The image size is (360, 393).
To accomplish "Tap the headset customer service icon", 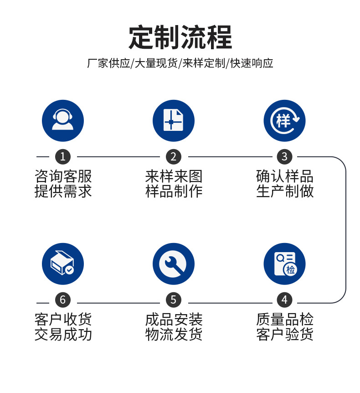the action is (63, 121).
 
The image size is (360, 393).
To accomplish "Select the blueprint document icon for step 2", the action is (174, 121).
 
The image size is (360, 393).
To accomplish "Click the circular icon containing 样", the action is (285, 121).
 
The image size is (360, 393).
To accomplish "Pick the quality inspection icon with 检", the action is (285, 264).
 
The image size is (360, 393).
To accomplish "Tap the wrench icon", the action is (174, 264).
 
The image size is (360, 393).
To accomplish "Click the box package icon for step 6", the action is (63, 264).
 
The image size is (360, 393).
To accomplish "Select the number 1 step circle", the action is (63, 157).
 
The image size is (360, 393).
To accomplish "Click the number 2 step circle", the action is (174, 157).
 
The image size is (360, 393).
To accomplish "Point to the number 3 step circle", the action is (285, 157).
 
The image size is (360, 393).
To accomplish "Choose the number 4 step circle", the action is (285, 300).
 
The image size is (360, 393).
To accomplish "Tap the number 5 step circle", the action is (174, 300).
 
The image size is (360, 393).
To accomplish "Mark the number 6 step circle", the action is (63, 300).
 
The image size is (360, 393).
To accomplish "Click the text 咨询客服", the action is (63, 176).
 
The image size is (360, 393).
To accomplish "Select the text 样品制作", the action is (174, 191).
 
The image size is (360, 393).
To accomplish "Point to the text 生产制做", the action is (285, 191).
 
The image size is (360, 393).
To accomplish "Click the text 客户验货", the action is (285, 334).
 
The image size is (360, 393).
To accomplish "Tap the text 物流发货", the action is (174, 334).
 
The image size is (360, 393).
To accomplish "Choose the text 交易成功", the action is (63, 334).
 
